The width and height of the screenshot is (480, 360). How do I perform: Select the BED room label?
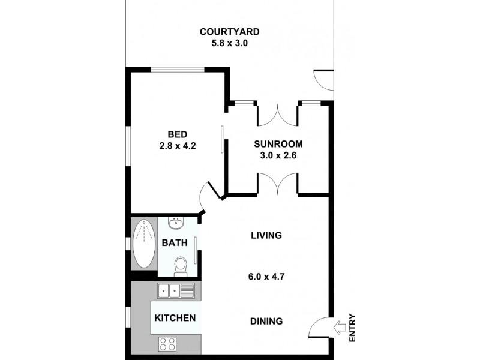pos(178,134)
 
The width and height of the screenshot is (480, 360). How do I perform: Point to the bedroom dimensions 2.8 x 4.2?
pos(178,145)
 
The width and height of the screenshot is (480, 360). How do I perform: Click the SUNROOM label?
pos(278,144)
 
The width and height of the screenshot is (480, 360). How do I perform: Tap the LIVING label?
pos(266,235)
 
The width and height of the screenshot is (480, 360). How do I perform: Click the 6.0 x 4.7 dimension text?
pos(266,277)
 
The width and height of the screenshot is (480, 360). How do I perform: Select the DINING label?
pos(266,321)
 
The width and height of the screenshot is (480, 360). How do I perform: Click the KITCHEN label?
pos(175,317)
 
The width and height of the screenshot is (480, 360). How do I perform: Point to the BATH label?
pos(175,242)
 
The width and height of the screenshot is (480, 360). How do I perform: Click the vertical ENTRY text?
pos(352,328)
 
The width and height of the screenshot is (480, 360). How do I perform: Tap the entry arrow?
pos(340,328)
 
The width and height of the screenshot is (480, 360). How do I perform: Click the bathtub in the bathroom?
pos(143,243)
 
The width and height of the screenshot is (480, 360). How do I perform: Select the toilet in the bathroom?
pos(181,265)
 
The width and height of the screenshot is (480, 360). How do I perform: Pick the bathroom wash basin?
pos(176,224)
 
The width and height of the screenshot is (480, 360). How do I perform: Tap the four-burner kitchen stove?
pos(167,344)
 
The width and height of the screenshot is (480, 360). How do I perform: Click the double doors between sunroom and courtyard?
pos(278,115)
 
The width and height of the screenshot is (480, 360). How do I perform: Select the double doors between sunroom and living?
pos(278,184)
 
